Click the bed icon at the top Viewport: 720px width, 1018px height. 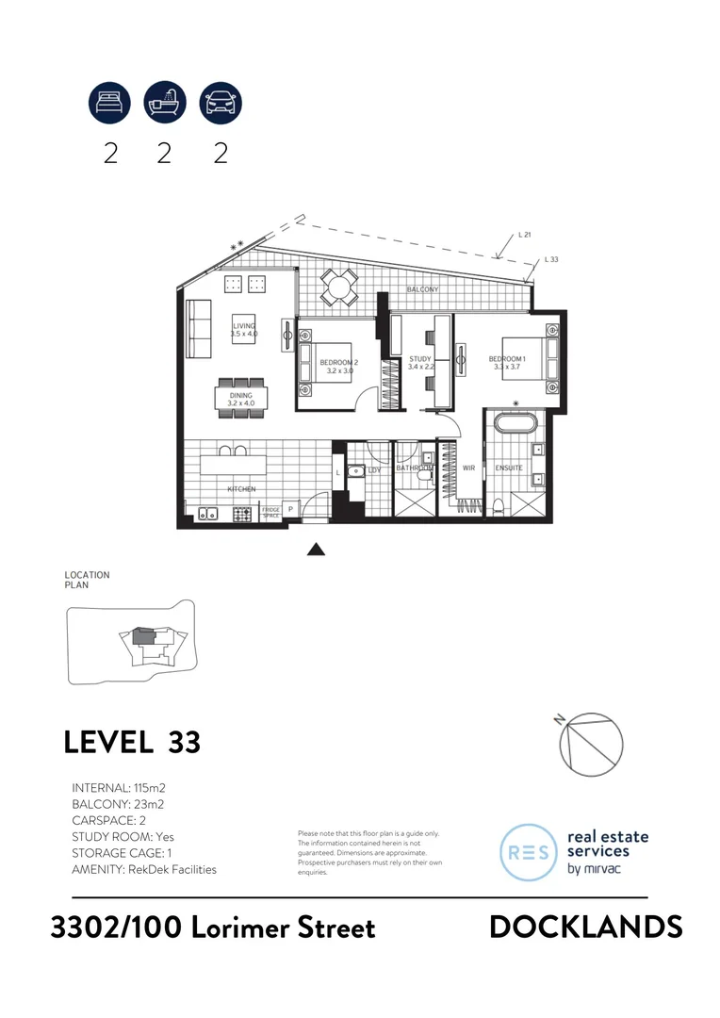(110, 102)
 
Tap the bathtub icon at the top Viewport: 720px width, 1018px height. (165, 102)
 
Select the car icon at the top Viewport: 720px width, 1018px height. (221, 102)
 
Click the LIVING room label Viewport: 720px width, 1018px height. (244, 326)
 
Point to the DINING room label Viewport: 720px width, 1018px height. (242, 396)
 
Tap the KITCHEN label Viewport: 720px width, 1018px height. (241, 489)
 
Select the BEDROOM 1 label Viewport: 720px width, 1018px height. (507, 359)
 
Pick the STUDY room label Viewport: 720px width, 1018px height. (420, 359)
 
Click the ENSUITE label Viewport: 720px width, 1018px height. (509, 468)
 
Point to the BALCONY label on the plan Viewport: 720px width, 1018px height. (422, 289)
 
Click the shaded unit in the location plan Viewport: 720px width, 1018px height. (141, 636)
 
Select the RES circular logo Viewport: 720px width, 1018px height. (529, 852)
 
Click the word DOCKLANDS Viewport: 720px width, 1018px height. (585, 927)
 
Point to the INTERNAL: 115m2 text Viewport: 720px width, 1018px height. (119, 787)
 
